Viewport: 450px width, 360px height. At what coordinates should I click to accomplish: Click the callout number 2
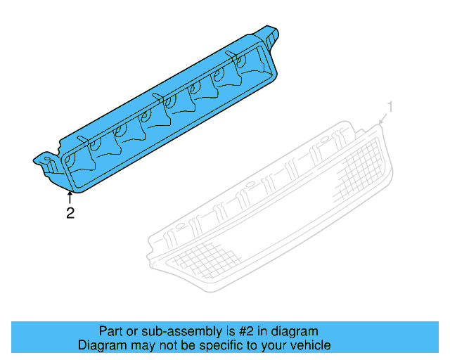pyautogui.click(x=70, y=213)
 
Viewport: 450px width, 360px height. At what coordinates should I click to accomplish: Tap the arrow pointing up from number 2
pyautogui.click(x=70, y=198)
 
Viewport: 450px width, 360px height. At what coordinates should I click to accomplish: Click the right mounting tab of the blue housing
pyautogui.click(x=270, y=34)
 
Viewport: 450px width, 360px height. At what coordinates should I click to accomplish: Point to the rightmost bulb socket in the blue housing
pyautogui.click(x=250, y=65)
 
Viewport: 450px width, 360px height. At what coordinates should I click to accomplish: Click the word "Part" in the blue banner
pyautogui.click(x=111, y=331)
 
